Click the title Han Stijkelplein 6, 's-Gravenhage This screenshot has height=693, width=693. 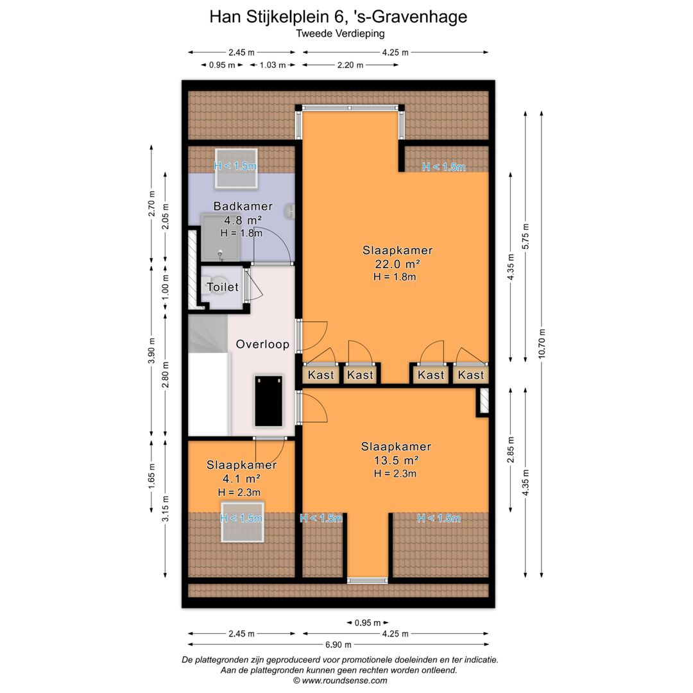click(x=338, y=17)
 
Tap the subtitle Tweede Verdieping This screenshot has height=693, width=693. click(x=340, y=33)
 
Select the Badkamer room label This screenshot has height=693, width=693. click(x=243, y=206)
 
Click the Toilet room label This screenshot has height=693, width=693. click(x=223, y=287)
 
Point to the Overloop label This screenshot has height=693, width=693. click(x=262, y=345)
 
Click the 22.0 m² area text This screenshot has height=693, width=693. click(x=397, y=264)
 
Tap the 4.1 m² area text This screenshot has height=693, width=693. click(x=241, y=479)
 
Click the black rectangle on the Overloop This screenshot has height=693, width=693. click(x=268, y=401)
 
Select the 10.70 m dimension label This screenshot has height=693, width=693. click(x=542, y=343)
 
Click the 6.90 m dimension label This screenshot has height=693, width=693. click(x=339, y=644)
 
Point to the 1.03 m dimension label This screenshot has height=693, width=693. click(x=273, y=65)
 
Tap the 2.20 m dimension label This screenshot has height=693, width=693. click(x=350, y=65)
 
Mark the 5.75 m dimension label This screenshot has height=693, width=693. click(x=526, y=236)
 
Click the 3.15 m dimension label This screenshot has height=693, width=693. click(x=166, y=509)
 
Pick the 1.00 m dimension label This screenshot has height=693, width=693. click(x=166, y=287)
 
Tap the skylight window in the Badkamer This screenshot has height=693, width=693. click(x=235, y=168)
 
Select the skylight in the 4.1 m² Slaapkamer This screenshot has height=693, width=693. click(x=242, y=521)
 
